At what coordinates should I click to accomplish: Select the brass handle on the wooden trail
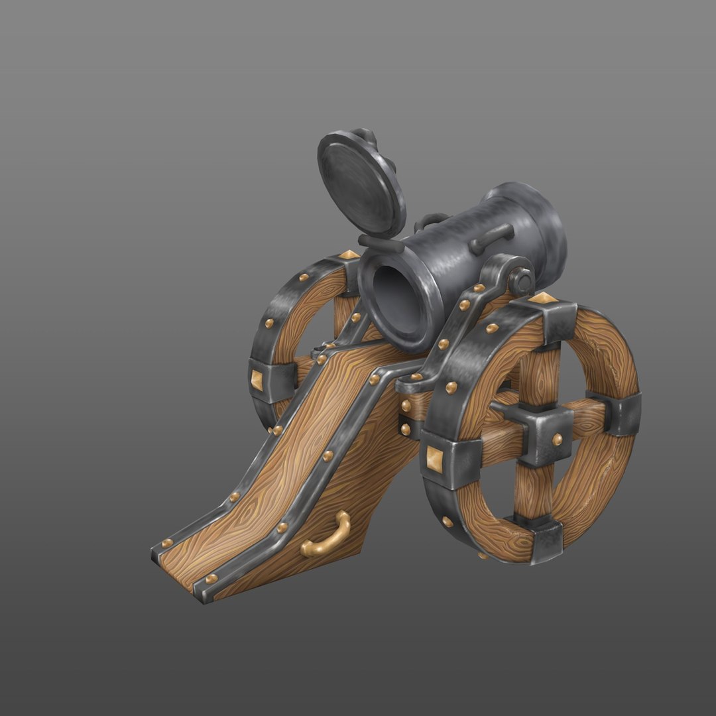(326, 535)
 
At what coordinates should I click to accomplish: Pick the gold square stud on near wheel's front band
(435, 457)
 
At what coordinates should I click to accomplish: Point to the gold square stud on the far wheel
(258, 379)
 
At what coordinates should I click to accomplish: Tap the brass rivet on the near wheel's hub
(558, 438)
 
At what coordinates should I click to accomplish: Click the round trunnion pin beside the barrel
(522, 280)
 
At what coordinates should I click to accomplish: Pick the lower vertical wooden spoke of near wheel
(527, 491)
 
